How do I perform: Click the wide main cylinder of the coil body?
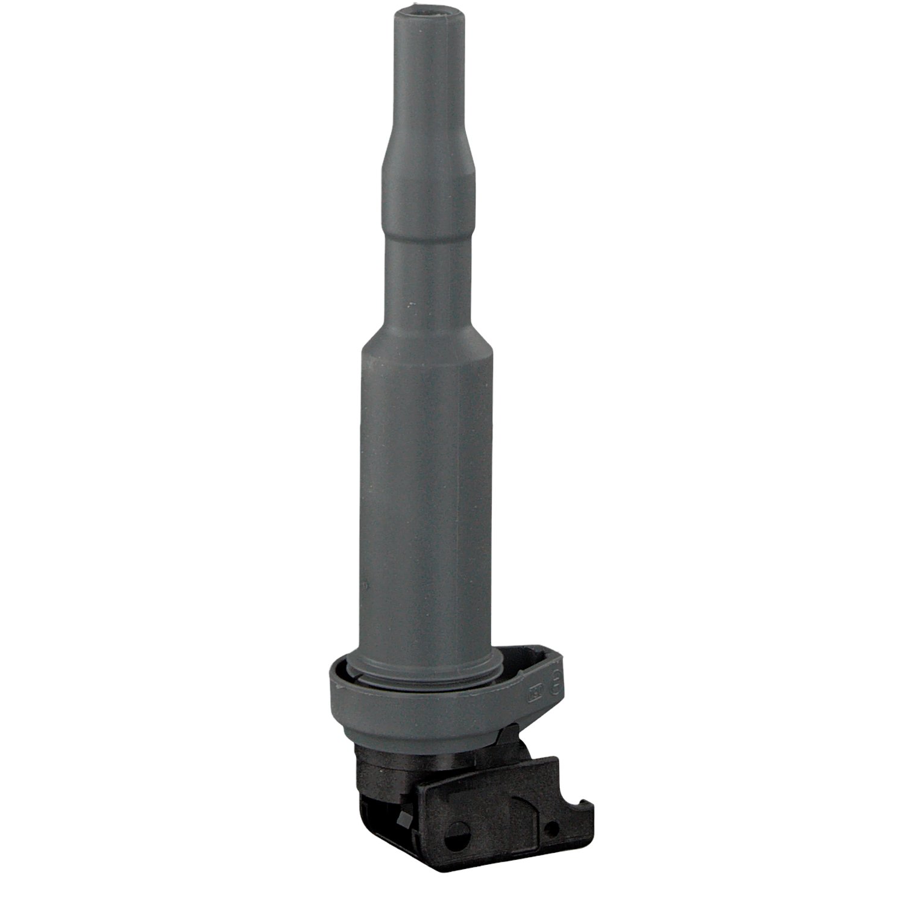tap(429, 482)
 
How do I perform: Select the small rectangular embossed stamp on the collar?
tap(535, 693)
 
